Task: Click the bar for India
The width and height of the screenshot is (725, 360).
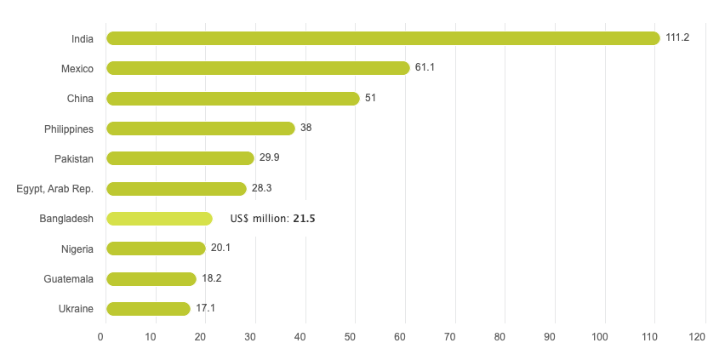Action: pyautogui.click(x=383, y=38)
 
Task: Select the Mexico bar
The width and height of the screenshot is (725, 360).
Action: pyautogui.click(x=258, y=68)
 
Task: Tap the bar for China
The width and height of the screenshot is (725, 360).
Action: pyautogui.click(x=233, y=99)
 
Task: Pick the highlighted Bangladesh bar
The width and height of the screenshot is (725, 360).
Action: pyautogui.click(x=159, y=219)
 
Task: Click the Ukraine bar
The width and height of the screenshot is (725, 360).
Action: pyautogui.click(x=148, y=309)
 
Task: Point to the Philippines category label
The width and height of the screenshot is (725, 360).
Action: pyautogui.click(x=69, y=129)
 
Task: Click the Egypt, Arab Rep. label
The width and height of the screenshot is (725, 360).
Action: pyautogui.click(x=54, y=189)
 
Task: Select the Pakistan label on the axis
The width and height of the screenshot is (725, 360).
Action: pyautogui.click(x=73, y=158)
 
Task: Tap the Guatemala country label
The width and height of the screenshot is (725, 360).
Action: pyautogui.click(x=68, y=279)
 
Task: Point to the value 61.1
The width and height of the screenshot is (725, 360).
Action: pyautogui.click(x=425, y=68)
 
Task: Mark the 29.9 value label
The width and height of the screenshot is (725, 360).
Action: pyautogui.click(x=270, y=158)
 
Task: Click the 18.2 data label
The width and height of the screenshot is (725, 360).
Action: pyautogui.click(x=212, y=279)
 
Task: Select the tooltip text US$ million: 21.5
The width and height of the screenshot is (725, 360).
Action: pyautogui.click(x=273, y=219)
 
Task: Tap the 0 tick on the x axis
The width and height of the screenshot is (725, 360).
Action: pyautogui.click(x=100, y=338)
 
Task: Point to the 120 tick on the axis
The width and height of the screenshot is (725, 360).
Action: pyautogui.click(x=698, y=338)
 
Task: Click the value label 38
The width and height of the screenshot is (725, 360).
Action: pyautogui.click(x=306, y=129)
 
